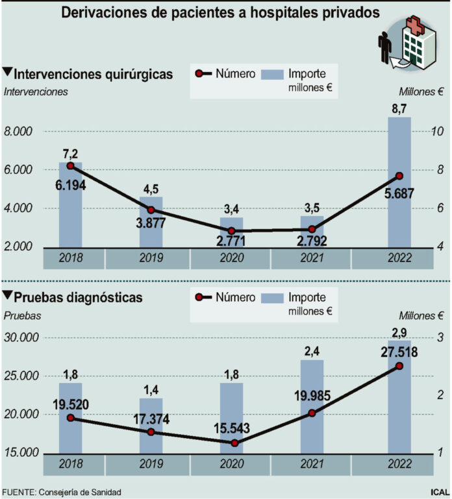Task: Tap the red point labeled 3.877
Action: [x=151, y=210]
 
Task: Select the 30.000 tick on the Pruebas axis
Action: [x=22, y=338]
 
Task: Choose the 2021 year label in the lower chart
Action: [x=311, y=465]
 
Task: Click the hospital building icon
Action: [x=419, y=43]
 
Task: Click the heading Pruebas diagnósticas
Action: [x=77, y=297]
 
